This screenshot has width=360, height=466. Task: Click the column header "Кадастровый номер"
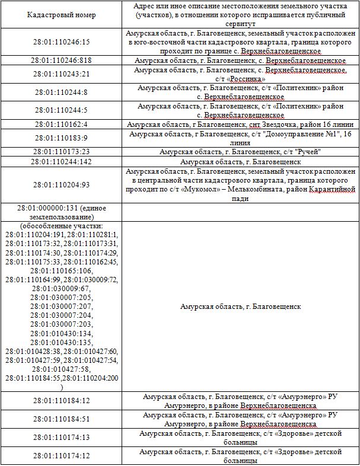[61, 14]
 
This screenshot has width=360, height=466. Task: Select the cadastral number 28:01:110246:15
[62, 43]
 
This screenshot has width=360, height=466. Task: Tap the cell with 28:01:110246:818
[62, 60]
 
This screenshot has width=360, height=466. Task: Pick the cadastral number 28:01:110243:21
[62, 74]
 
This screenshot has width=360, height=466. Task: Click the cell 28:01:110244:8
[62, 92]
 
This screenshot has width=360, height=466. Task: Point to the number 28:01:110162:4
[62, 125]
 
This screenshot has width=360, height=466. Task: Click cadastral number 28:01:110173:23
[62, 152]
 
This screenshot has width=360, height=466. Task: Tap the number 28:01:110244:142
[62, 161]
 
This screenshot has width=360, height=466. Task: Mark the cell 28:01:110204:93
[62, 184]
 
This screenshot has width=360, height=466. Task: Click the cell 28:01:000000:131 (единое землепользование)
[62, 212]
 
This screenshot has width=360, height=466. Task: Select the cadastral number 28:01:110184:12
[62, 401]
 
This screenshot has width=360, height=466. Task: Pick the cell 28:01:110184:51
[62, 419]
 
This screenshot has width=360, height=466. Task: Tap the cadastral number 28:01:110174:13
[62, 438]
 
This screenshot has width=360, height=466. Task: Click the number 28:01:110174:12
[62, 456]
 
